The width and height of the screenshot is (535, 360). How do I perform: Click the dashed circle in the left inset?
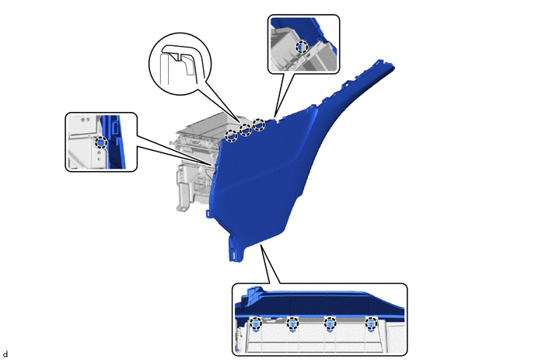(x=101, y=142)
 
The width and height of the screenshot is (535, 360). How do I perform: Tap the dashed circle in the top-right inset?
(x=301, y=47)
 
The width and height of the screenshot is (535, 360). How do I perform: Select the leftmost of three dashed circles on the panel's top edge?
(x=231, y=135)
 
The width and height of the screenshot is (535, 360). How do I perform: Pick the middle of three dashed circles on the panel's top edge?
(x=245, y=129)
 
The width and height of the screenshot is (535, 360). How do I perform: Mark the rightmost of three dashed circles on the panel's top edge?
(x=259, y=124)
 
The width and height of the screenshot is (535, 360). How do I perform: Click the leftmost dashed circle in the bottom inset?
(x=256, y=323)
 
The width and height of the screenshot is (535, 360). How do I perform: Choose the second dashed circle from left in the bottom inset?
(x=292, y=323)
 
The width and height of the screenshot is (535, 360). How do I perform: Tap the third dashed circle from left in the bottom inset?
(x=330, y=323)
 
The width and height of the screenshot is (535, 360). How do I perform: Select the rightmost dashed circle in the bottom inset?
(x=371, y=323)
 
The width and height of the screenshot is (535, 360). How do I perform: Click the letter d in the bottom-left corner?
(x=5, y=355)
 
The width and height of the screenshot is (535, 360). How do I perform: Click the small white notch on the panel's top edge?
(x=278, y=120)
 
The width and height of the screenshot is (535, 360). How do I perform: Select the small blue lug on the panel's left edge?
(x=208, y=213)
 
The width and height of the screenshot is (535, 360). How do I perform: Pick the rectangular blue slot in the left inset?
(x=114, y=128)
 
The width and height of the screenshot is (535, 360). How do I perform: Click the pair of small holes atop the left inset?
(x=86, y=120)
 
